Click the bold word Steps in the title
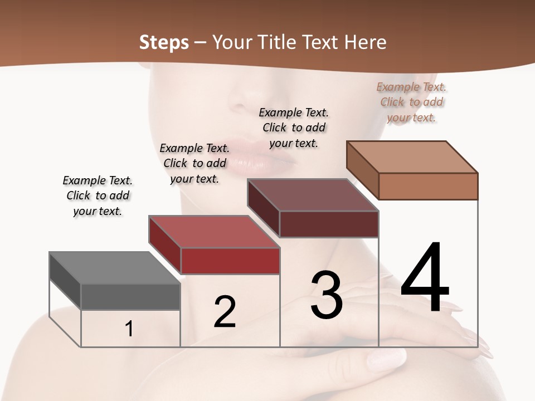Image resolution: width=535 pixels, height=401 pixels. click(163, 42)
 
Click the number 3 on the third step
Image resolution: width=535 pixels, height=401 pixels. click(326, 295)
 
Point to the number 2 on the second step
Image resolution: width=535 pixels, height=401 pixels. click(225, 312)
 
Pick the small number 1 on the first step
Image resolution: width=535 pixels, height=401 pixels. click(129, 329)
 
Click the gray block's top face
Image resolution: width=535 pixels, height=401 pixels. click(114, 268)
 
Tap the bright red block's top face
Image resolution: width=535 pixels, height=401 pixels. click(213, 232)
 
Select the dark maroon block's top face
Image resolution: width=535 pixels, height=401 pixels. click(313, 195)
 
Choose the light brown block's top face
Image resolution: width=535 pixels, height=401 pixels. click(412, 157)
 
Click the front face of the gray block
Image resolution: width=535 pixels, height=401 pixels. click(130, 296)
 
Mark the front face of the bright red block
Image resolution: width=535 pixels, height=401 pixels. click(230, 261)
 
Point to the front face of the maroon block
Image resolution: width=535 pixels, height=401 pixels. click(329, 224)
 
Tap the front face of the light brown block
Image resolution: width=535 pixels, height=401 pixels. click(428, 186)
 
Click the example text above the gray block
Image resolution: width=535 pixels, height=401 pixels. click(98, 195)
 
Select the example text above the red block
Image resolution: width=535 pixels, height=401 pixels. click(194, 163)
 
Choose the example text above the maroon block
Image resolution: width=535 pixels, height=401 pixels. click(294, 128)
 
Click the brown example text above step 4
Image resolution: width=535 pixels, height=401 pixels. click(411, 102)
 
